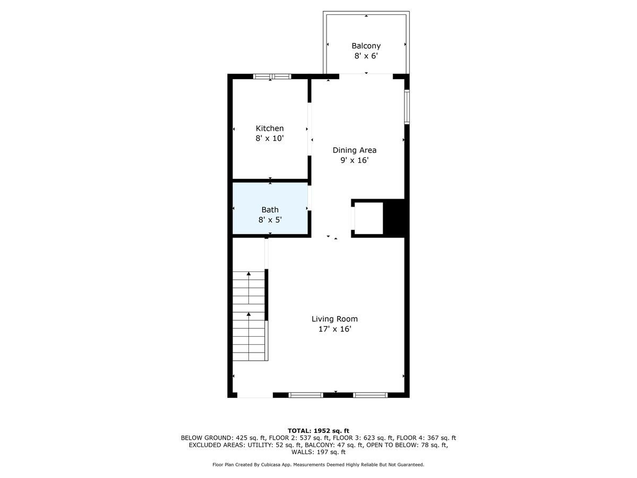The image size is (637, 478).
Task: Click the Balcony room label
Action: tap(366, 46)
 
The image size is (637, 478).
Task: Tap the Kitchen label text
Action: tap(270, 128)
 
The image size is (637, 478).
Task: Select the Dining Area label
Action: tap(354, 150)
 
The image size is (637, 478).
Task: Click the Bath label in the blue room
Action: tap(270, 210)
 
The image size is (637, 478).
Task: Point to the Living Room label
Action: tap(334, 319)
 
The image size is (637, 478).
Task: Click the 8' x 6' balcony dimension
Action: tap(366, 56)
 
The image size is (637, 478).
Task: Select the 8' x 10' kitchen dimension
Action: tap(270, 138)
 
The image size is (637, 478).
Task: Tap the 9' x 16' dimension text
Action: tap(354, 160)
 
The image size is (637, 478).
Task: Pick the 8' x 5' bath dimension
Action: tap(270, 220)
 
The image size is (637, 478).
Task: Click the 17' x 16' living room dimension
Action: tap(334, 329)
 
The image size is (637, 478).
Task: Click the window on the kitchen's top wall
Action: tap(272, 76)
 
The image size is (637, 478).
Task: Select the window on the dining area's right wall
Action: tap(407, 107)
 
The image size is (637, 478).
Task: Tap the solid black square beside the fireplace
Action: tap(394, 217)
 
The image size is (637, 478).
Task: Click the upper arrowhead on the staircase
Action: tap(248, 274)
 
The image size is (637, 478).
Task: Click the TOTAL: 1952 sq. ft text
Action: tap(318, 431)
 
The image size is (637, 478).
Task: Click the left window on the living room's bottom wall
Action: tap(306, 395)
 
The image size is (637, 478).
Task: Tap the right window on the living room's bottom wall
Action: tap(371, 395)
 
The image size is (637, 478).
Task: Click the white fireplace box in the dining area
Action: tap(368, 218)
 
